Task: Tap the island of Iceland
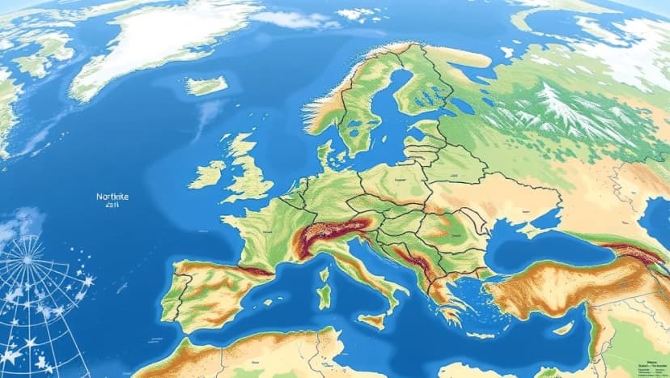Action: tap(206, 85)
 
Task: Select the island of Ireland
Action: tap(207, 173)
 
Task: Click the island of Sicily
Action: tap(371, 321)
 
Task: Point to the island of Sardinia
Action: tap(325, 293)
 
